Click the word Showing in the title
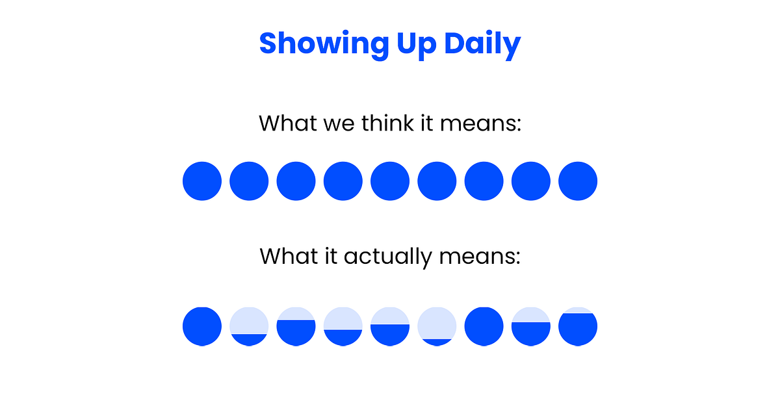[x=324, y=44]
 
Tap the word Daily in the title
[x=482, y=44]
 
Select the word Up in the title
[x=417, y=45]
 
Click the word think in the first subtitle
[x=387, y=123]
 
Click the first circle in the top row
[x=202, y=181]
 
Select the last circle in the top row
[x=578, y=181]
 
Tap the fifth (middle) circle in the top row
[x=390, y=181]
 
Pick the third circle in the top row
[x=296, y=181]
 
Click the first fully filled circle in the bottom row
[x=202, y=327]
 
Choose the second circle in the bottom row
[x=249, y=327]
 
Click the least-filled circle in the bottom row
[x=437, y=327]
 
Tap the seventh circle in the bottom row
[x=484, y=327]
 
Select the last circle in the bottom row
[x=578, y=327]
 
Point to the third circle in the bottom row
[x=296, y=327]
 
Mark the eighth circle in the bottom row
[x=531, y=327]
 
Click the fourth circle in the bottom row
[x=343, y=327]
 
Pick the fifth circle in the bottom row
[x=390, y=327]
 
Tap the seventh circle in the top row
[x=484, y=181]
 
